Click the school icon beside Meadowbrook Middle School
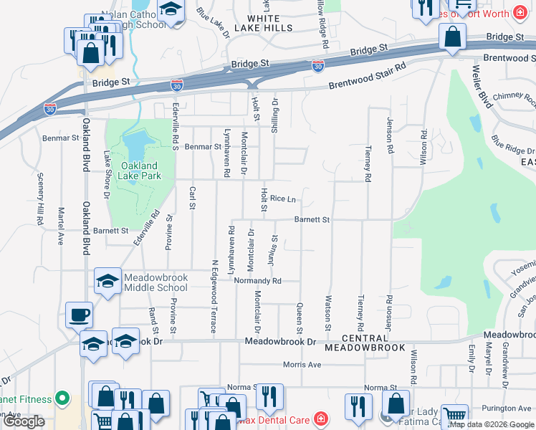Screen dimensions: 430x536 tap(107, 281)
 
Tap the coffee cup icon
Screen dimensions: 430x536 tap(79, 314)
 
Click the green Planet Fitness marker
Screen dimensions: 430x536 tap(62, 398)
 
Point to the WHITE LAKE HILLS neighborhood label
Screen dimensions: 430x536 tap(270, 22)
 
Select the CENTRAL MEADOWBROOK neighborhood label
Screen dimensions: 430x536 tap(365, 343)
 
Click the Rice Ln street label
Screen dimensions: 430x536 tap(283, 199)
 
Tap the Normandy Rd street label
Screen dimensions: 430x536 tap(257, 281)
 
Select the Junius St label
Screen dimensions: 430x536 tap(274, 250)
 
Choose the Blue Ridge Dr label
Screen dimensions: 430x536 tap(512, 145)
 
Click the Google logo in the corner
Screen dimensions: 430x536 tap(24, 421)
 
